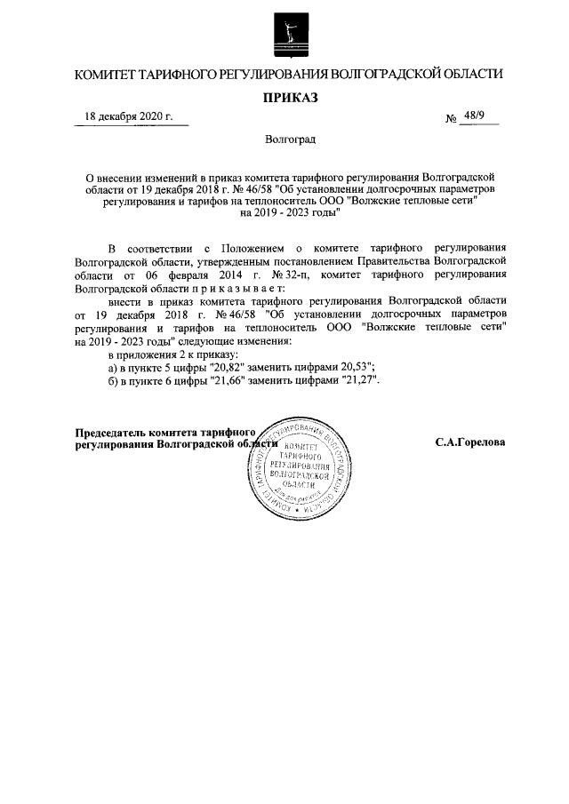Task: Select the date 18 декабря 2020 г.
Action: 129,116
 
